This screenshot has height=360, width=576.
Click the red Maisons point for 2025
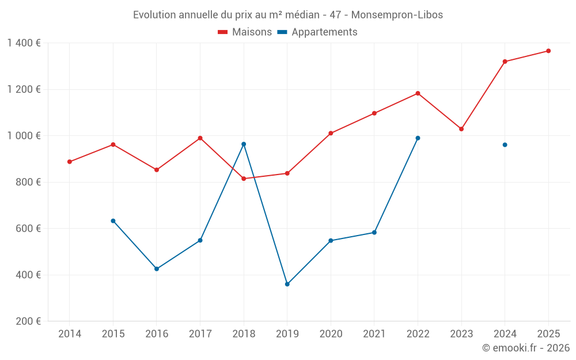[x=548, y=51]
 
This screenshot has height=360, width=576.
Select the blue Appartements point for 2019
[x=287, y=284]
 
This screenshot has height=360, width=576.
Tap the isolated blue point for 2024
[x=505, y=145]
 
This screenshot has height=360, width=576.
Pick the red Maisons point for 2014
[x=70, y=162]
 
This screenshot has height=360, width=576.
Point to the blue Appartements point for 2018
[x=244, y=144]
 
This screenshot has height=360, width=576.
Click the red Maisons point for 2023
[x=461, y=129]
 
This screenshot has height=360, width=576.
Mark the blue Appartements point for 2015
[x=113, y=221]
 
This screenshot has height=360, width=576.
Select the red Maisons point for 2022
[x=418, y=93]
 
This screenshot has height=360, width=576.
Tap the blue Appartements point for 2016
[x=157, y=269]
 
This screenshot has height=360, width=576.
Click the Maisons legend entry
[x=245, y=32]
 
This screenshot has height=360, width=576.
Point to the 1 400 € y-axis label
[x=24, y=43]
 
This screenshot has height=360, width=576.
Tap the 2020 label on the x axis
[x=331, y=334]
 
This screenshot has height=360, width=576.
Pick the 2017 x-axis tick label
[x=200, y=334]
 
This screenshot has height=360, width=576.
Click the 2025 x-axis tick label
[x=548, y=334]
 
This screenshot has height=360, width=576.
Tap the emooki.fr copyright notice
[x=525, y=348]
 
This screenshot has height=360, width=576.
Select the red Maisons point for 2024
[x=505, y=62]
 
